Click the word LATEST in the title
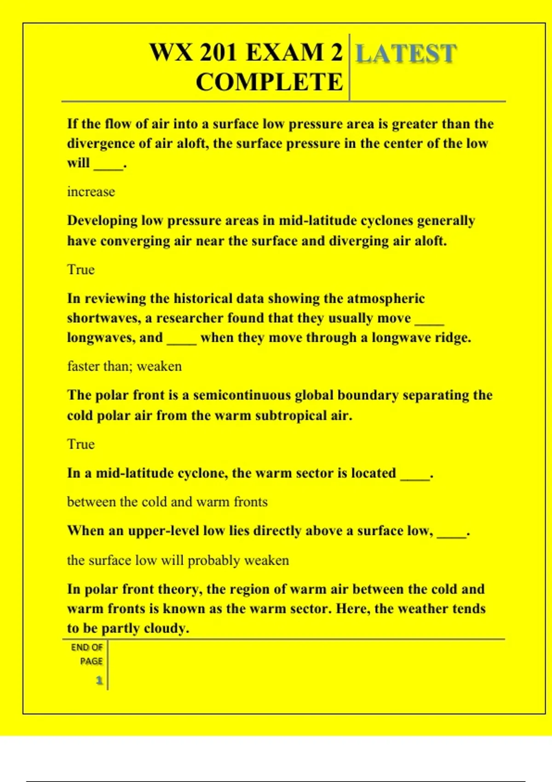click(406, 53)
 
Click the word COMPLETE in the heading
click(269, 82)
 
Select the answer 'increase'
click(91, 191)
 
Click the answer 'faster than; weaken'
click(124, 366)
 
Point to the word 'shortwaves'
click(103, 318)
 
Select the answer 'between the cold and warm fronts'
click(167, 501)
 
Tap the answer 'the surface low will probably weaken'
click(178, 560)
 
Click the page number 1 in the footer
click(99, 680)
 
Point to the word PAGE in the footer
click(91, 661)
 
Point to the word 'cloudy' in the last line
click(166, 628)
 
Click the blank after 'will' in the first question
click(109, 165)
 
